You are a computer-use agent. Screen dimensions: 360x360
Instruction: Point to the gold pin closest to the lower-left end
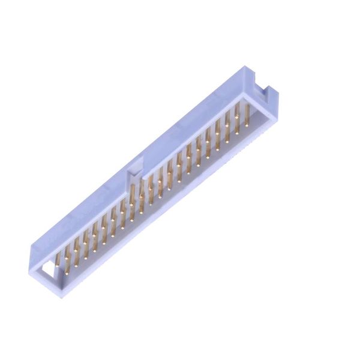pyautogui.click(x=58, y=262)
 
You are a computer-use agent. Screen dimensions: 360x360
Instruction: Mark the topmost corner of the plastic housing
pyautogui.click(x=245, y=67)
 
